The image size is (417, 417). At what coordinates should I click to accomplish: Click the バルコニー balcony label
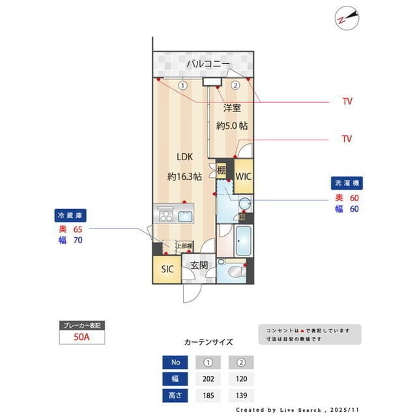coord(207,64)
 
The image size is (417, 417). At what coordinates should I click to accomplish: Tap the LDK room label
coord(183,157)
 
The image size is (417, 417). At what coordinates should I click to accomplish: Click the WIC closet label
coord(243,176)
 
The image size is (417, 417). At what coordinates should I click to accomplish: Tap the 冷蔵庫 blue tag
coord(71,215)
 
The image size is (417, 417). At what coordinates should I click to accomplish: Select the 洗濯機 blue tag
coord(346,184)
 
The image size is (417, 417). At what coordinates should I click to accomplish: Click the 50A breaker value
coord(81,337)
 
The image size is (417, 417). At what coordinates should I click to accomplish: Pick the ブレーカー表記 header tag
coord(81,324)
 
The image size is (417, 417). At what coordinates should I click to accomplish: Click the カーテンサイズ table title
coord(208,342)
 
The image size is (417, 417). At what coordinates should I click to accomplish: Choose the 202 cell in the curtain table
coord(208,379)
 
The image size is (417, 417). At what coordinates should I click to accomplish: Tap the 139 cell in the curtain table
coord(240,395)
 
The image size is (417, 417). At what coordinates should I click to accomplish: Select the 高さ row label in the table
coord(174,395)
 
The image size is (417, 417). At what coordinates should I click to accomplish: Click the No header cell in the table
coord(174,362)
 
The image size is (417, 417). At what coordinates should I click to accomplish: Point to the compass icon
coord(347,18)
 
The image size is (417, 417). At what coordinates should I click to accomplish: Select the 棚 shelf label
coord(222,171)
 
